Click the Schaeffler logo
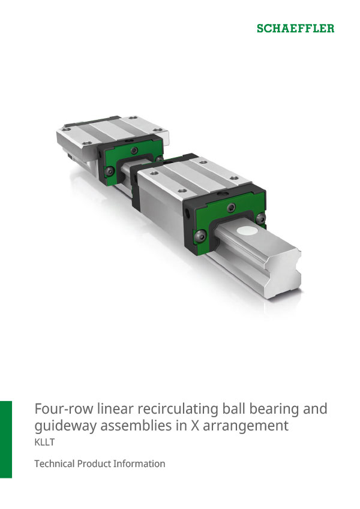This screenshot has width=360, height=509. tap(296, 28)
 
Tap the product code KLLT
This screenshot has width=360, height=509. tap(44, 444)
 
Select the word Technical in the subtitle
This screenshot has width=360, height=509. tap(55, 464)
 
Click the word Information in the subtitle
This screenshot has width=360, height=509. tap(139, 464)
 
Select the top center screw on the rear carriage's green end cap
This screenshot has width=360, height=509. tap(136, 150)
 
